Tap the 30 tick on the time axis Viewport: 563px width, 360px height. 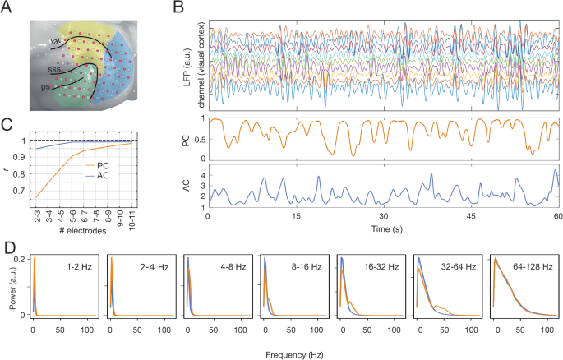[x=382, y=218]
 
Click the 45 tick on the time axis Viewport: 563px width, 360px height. [x=470, y=218]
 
